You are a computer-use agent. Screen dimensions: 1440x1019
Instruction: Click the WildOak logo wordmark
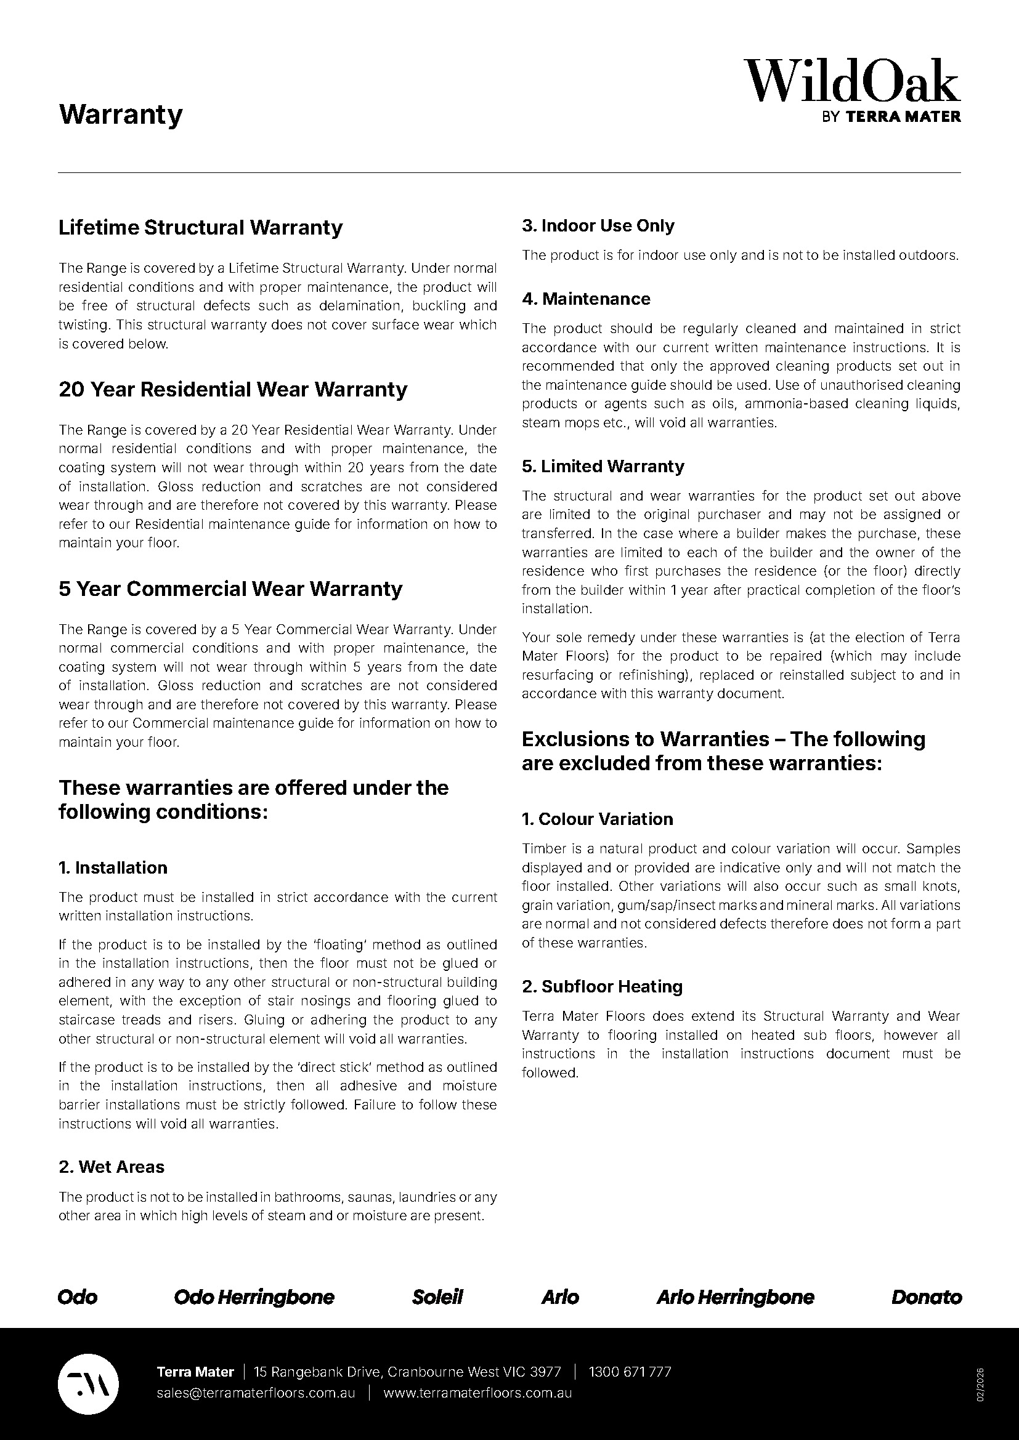click(852, 81)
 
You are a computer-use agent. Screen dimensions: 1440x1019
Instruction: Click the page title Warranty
click(121, 115)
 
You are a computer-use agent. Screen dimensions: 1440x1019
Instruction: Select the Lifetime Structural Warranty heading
click(200, 227)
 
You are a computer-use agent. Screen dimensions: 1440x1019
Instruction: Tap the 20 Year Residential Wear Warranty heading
click(233, 390)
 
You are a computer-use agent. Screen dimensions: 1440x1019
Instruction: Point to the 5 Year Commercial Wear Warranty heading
click(230, 589)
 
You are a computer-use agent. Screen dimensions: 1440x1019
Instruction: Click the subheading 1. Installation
click(113, 867)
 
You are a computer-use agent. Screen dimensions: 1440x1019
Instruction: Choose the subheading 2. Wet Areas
click(112, 1167)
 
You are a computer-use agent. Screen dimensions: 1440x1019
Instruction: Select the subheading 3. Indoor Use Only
click(598, 226)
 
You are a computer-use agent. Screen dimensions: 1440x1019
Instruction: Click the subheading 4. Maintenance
click(586, 299)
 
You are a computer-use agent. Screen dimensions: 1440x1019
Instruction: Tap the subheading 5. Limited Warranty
click(603, 466)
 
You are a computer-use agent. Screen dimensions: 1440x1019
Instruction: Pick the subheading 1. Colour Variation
click(598, 819)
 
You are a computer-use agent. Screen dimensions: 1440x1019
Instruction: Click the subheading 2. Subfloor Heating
click(603, 986)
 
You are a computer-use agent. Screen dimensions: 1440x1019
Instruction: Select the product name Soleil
click(437, 1297)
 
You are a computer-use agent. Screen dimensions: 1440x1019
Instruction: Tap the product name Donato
click(926, 1297)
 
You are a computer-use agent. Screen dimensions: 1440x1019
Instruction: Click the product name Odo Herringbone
click(254, 1297)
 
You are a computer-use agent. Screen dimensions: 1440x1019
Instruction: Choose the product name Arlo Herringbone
click(736, 1297)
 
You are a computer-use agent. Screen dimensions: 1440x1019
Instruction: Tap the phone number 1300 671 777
click(630, 1372)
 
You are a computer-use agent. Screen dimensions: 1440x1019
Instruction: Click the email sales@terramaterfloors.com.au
click(256, 1393)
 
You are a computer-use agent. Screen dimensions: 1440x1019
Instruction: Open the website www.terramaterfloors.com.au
click(477, 1393)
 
